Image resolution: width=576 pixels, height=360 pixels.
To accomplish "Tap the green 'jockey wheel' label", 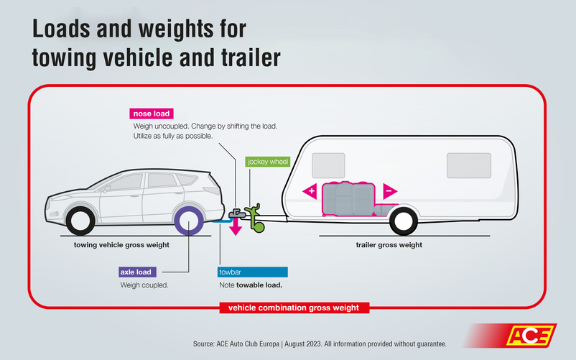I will [267, 162].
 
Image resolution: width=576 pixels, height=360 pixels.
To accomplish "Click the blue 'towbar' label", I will [252, 272].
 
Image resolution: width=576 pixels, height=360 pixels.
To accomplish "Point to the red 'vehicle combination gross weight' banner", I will [294, 308].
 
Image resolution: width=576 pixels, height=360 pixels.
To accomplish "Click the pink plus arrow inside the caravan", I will [310, 191].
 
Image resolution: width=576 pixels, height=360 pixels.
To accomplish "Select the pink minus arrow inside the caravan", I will [389, 191].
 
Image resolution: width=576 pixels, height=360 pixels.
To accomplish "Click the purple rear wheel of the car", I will [189, 221].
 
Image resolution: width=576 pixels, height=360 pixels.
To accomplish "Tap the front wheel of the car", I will [78, 220].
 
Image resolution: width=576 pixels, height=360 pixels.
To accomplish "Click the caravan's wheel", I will [404, 220].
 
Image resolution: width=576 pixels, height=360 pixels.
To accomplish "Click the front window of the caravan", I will [328, 165].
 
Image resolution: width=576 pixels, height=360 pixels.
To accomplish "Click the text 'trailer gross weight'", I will [389, 245].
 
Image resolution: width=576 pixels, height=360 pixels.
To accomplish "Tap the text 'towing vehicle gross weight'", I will [121, 245].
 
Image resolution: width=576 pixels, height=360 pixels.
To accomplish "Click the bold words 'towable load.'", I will [259, 285].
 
